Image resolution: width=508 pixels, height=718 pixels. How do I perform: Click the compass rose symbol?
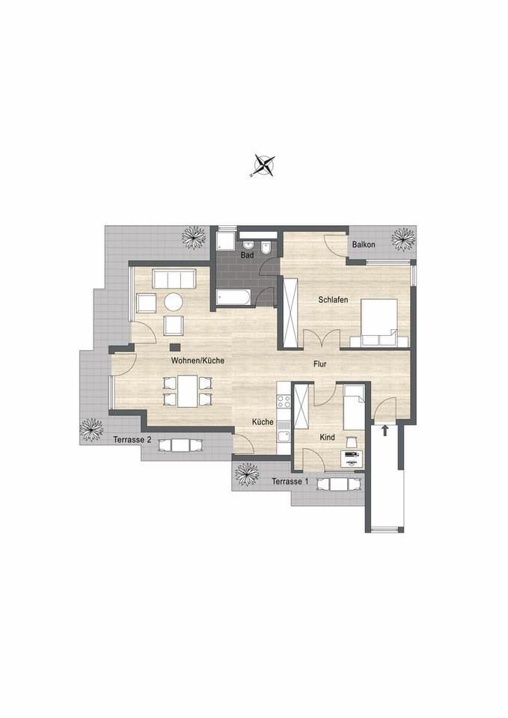tap(263, 165)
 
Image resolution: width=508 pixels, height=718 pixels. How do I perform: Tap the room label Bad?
tap(247, 256)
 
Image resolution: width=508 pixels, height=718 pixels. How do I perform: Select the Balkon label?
tap(364, 245)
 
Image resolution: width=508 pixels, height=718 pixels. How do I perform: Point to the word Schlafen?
tap(333, 299)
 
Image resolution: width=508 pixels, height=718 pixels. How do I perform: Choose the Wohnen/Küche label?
tap(198, 360)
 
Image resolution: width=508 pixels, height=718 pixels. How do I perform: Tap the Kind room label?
tap(328, 437)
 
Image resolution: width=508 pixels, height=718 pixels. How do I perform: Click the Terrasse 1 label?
tap(290, 481)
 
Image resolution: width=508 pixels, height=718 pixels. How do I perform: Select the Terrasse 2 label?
tap(132, 440)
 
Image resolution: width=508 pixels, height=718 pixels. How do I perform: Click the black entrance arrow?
tap(385, 430)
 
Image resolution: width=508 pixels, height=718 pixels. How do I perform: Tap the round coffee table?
tap(174, 301)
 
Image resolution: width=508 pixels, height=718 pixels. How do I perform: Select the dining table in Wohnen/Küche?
tap(188, 390)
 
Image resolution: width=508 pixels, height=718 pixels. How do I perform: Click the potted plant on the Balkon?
tap(403, 239)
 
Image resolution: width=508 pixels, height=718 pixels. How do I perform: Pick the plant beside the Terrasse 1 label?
tap(246, 473)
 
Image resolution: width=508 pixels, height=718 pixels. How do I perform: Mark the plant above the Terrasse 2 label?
tap(92, 429)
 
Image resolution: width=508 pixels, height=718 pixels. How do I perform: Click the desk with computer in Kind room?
tap(350, 458)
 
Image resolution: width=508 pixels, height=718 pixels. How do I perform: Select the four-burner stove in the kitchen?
tap(284, 402)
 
